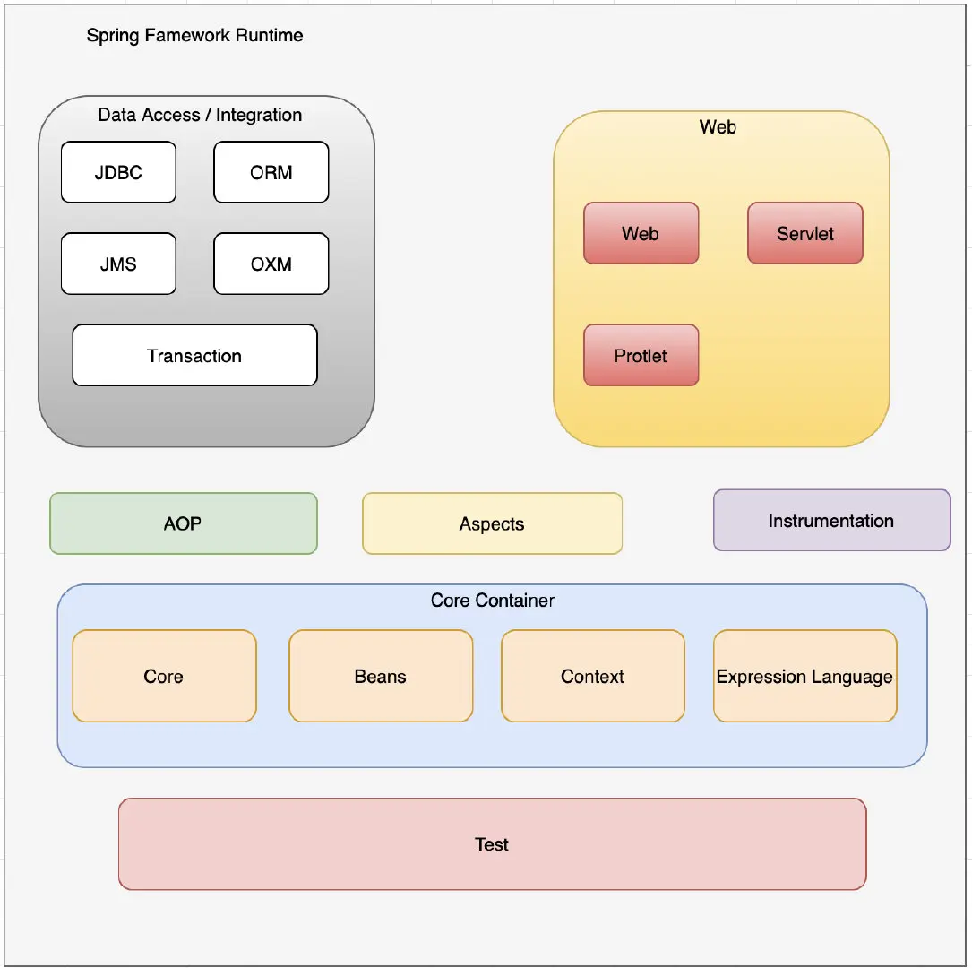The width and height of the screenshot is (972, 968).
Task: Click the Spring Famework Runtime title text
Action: pyautogui.click(x=194, y=36)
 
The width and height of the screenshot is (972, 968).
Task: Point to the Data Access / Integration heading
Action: pyautogui.click(x=200, y=115)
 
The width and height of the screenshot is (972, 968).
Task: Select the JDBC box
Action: pyautogui.click(x=118, y=172)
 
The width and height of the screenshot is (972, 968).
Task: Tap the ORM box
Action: pyautogui.click(x=271, y=172)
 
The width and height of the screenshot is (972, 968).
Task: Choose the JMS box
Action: pyautogui.click(x=118, y=264)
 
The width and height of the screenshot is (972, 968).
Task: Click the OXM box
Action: pyautogui.click(x=271, y=264)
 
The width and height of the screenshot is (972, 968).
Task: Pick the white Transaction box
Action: pyautogui.click(x=194, y=356)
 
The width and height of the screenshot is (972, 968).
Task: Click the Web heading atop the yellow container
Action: pyautogui.click(x=718, y=127)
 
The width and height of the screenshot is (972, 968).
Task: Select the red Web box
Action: pyautogui.click(x=641, y=233)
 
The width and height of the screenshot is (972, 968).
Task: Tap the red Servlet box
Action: pyautogui.click(x=804, y=233)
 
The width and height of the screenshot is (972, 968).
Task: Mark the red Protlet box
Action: pyautogui.click(x=641, y=356)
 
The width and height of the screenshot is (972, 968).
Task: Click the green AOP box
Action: pyautogui.click(x=183, y=523)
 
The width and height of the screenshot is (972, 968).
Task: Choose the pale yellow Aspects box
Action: pyautogui.click(x=492, y=523)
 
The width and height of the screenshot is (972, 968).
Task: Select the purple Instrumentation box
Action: pyautogui.click(x=831, y=520)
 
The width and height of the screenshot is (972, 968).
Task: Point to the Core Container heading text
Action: pyautogui.click(x=492, y=601)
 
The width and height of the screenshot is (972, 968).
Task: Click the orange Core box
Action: pyautogui.click(x=164, y=676)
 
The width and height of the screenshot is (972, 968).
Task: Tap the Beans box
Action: pyautogui.click(x=380, y=676)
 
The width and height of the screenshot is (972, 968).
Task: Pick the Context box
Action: pyautogui.click(x=592, y=676)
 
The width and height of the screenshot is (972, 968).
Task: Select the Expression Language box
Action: pyautogui.click(x=804, y=676)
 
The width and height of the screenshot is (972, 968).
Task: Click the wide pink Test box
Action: pyautogui.click(x=492, y=843)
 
